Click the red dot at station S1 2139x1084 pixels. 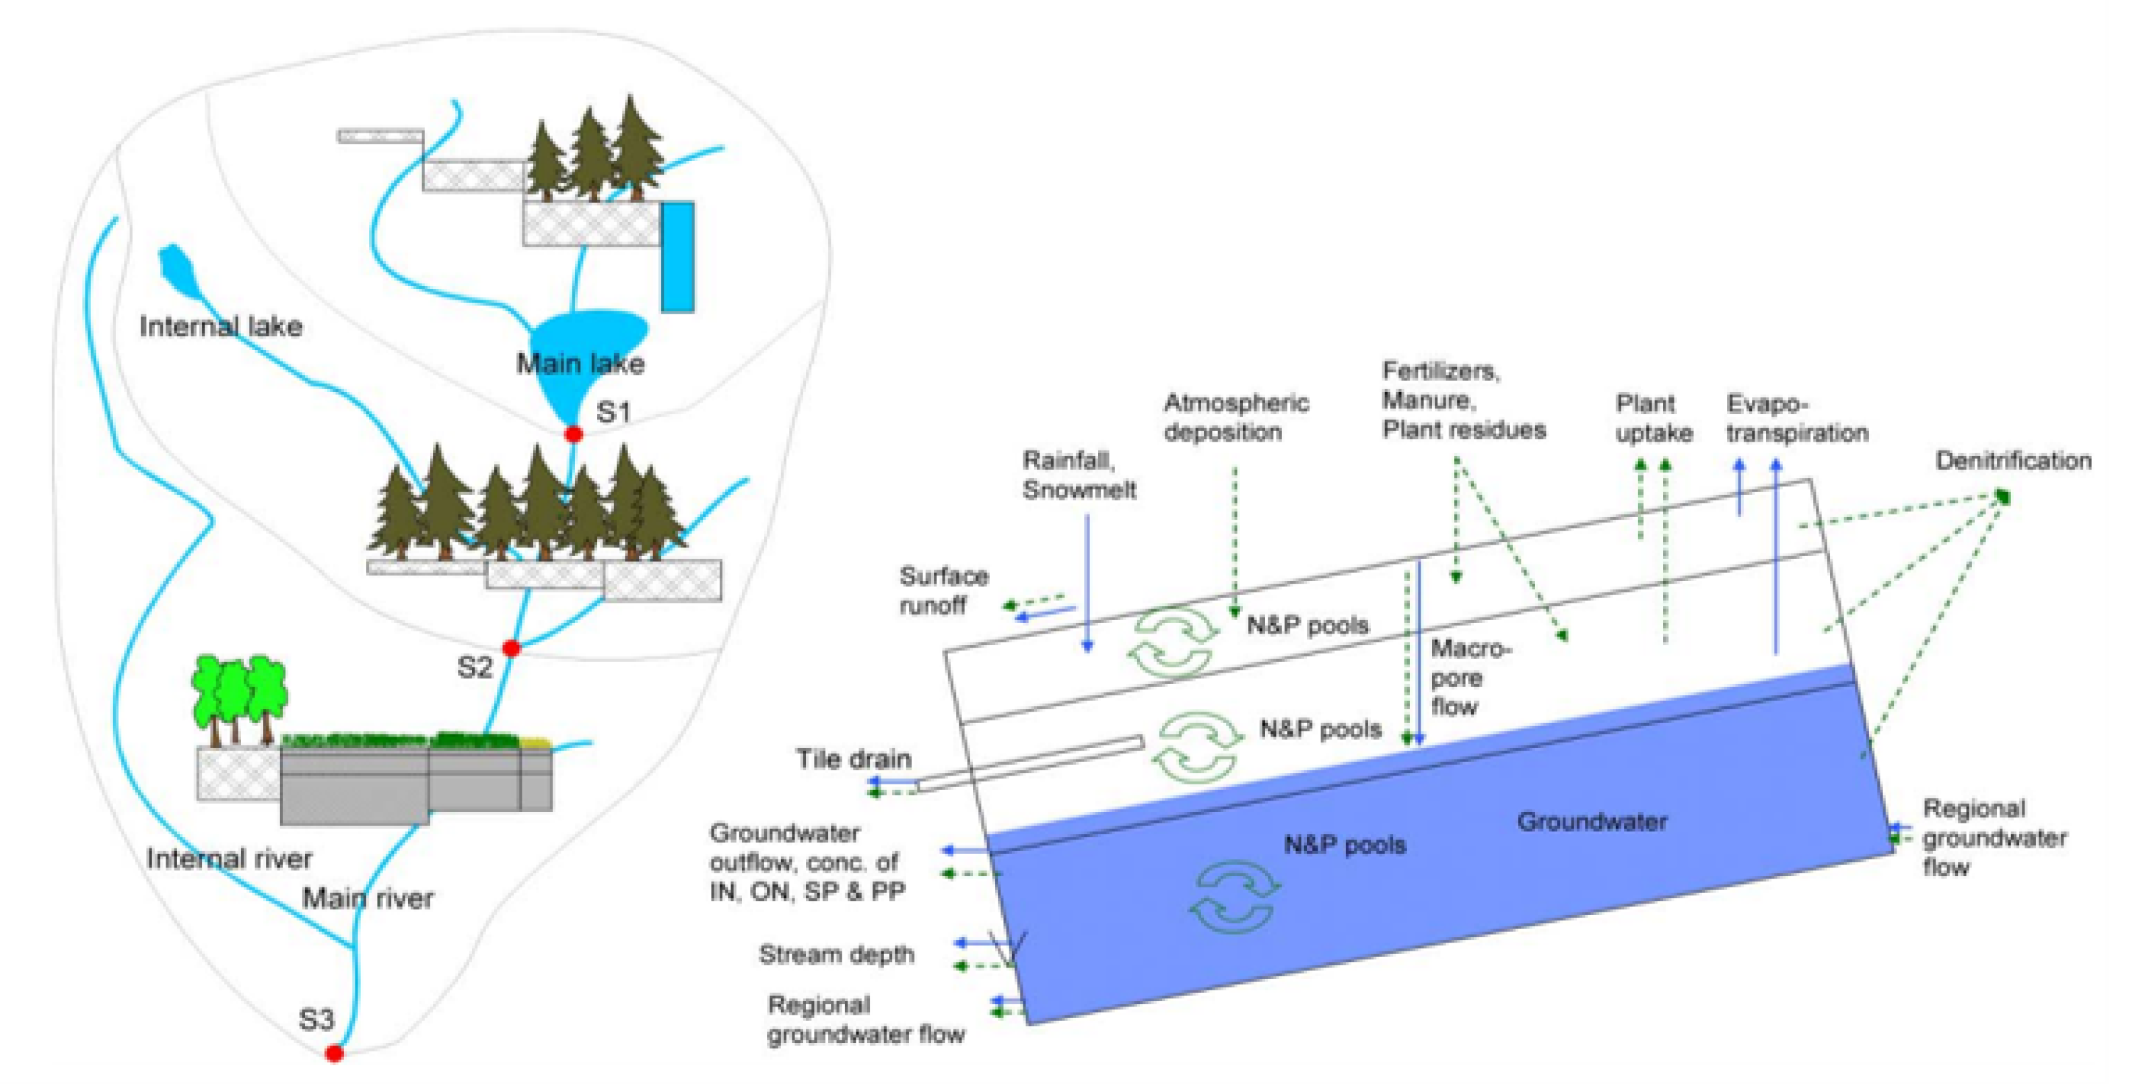tap(573, 434)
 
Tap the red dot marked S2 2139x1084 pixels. tap(512, 647)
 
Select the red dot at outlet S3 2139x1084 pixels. tap(334, 1053)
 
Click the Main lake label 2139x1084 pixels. tap(580, 364)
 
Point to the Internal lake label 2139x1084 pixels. tap(221, 327)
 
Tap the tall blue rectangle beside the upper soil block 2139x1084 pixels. tap(677, 257)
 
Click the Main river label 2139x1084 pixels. tap(367, 898)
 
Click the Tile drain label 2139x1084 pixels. tap(853, 758)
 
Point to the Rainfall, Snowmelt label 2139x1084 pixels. tap(1079, 475)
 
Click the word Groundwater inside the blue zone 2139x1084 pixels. tap(1592, 821)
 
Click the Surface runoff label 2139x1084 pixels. tap(943, 590)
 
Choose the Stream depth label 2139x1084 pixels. tap(836, 955)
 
